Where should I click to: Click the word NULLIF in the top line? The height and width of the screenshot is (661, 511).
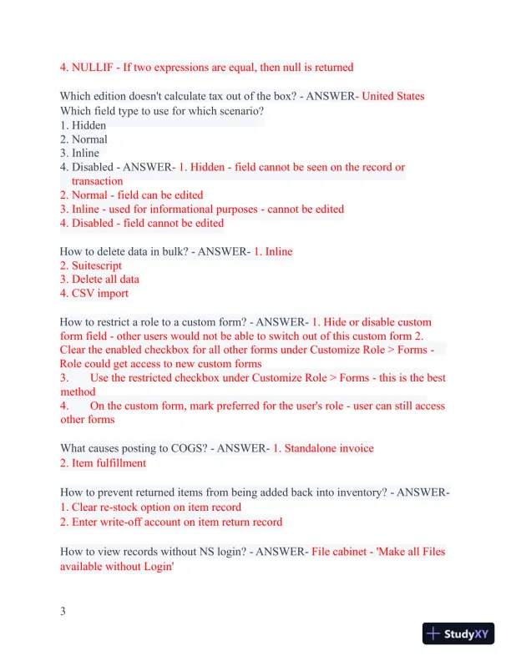click(x=94, y=67)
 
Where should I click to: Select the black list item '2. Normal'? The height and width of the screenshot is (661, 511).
click(x=83, y=139)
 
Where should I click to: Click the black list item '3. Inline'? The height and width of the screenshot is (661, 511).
click(x=79, y=153)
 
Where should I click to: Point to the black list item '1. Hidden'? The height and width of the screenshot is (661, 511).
click(x=83, y=125)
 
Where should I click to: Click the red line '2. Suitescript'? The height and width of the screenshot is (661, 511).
click(x=94, y=265)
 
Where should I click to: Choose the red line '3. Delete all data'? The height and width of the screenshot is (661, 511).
click(x=99, y=280)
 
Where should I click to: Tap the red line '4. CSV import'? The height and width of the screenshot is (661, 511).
click(x=94, y=293)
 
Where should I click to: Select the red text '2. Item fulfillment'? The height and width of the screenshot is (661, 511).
click(x=103, y=462)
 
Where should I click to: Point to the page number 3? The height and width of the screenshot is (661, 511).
click(x=63, y=612)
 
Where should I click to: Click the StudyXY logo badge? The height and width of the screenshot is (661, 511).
click(x=458, y=633)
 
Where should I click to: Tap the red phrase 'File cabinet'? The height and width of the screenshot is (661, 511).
click(x=343, y=552)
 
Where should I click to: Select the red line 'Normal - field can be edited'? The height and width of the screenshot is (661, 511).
click(x=131, y=194)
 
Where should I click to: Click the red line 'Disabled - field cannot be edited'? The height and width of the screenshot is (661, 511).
click(x=142, y=223)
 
